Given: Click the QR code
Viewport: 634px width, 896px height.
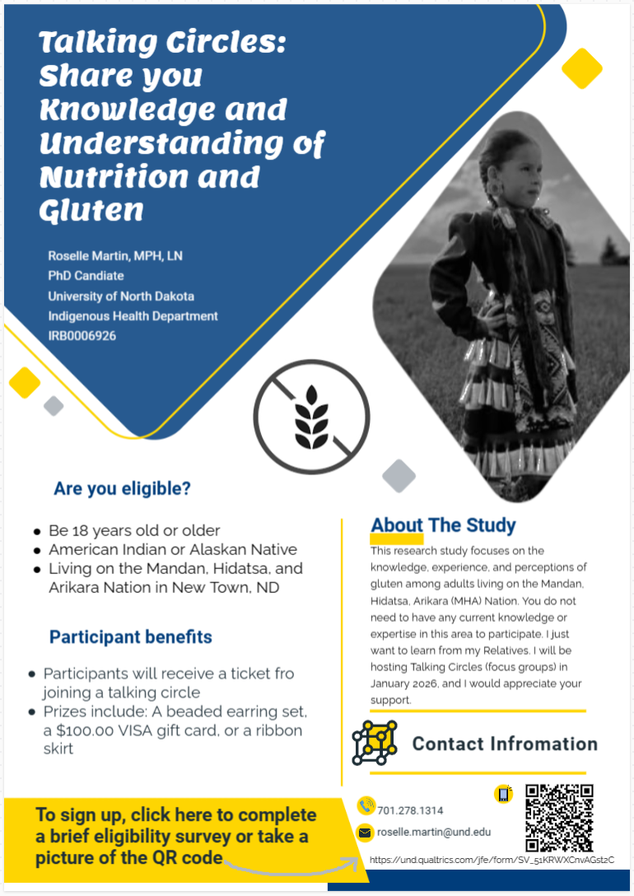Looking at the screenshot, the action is pos(559,818).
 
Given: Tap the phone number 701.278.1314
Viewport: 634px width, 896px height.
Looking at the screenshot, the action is pos(409,810).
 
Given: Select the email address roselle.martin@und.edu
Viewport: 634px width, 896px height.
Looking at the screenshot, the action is pos(434,832).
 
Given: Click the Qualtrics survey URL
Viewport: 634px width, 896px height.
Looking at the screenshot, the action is pos(492,860).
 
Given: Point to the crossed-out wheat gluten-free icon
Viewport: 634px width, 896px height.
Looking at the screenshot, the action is pos(311,417).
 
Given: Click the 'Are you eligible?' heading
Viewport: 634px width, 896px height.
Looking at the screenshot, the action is pos(122,488).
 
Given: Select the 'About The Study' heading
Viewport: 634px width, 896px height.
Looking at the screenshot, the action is pos(443,525).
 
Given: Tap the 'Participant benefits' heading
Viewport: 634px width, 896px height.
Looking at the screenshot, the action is pos(130,637).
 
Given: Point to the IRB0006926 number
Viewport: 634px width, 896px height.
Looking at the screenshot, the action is pos(82,336).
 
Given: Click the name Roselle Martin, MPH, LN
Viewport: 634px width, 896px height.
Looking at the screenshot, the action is pos(115,256).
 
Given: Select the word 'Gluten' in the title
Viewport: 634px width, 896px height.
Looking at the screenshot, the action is pos(91,210).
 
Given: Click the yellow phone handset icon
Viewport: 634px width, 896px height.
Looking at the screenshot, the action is pos(366,806).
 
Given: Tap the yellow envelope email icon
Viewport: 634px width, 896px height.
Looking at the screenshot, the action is pos(365,833).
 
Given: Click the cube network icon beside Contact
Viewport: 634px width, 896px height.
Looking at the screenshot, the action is pos(375,742).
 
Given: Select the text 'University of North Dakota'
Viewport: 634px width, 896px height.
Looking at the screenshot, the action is pos(121,296).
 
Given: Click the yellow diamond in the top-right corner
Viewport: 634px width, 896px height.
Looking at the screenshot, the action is pos(582,68).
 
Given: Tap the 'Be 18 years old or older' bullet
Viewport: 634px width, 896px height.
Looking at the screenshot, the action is pos(134,530).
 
